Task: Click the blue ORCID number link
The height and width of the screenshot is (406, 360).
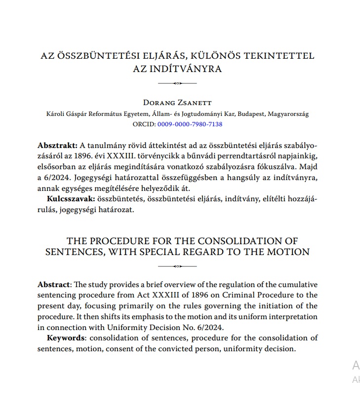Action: [x=190, y=124]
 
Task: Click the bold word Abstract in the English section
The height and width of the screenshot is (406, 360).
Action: [x=54, y=285]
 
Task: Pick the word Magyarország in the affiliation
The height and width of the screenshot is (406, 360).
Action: [x=288, y=114]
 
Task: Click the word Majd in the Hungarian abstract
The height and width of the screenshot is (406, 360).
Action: [x=308, y=167]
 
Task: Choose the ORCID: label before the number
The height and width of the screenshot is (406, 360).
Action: [x=144, y=124]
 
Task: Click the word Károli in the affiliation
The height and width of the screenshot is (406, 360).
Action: [x=56, y=114]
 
